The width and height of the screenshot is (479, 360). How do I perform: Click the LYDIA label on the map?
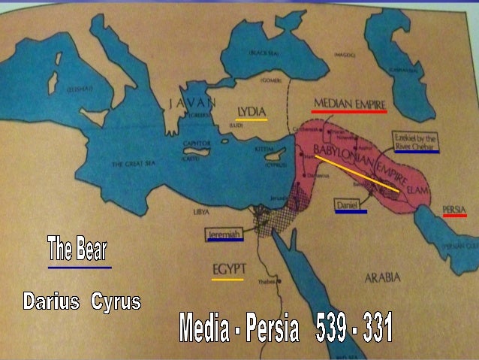point(252,111)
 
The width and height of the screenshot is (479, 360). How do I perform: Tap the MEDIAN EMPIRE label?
point(348,102)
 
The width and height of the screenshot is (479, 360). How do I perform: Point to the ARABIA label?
point(382,277)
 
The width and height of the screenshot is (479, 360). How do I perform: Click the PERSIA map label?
point(455,208)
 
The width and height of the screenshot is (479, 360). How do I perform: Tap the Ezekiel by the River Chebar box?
point(417,141)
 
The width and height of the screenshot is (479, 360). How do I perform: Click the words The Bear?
point(78,248)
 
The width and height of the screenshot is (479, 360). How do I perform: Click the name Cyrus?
point(116,303)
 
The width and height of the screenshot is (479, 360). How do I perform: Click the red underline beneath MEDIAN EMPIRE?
point(348,111)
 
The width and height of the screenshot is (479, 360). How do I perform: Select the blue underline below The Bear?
point(79,267)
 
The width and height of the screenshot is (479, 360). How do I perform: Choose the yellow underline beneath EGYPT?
point(227,280)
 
